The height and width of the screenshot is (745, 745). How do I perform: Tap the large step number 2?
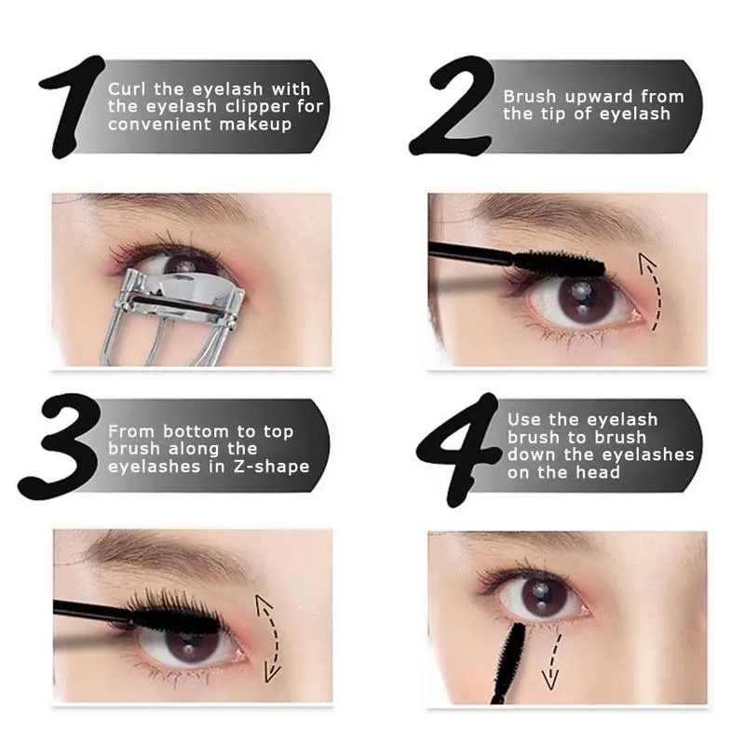(452, 106)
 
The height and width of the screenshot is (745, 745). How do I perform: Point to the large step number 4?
(459, 449)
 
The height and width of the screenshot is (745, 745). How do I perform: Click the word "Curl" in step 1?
(127, 88)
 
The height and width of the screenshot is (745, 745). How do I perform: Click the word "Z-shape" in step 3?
(271, 467)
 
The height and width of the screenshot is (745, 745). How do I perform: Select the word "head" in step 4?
(598, 472)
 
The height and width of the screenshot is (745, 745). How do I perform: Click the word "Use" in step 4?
(524, 420)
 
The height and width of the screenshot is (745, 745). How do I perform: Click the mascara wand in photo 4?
(507, 663)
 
